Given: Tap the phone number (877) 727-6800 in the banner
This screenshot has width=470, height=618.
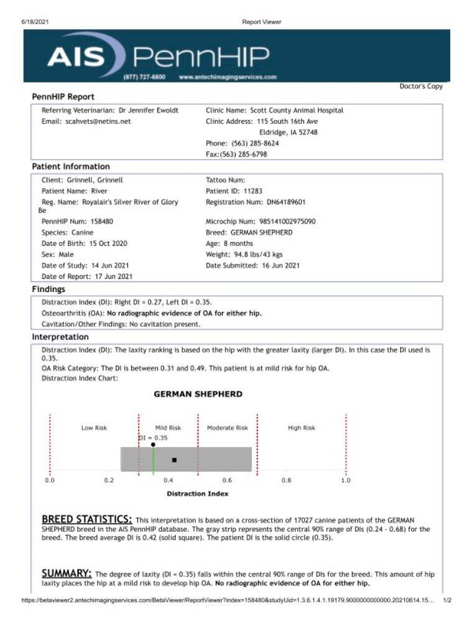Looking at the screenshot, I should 144,77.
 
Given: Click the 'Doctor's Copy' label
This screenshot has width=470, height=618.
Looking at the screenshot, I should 421,86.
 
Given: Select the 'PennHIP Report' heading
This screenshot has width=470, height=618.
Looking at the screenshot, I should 63,97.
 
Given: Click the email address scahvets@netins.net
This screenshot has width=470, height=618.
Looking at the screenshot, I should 98,122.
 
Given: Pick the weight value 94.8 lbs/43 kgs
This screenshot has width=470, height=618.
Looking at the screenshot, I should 255,255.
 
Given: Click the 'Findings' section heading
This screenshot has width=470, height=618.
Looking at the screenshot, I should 48,289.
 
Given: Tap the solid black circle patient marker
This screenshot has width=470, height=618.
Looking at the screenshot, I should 153,445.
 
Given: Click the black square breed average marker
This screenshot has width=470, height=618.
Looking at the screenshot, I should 175,460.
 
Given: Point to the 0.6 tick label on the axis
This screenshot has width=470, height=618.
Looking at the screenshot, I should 227,480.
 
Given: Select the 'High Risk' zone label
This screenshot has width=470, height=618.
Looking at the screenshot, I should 302,428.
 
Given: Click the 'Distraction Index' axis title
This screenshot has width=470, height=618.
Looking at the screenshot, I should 197,494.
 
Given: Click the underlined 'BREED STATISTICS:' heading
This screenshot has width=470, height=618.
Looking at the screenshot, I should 86,519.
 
